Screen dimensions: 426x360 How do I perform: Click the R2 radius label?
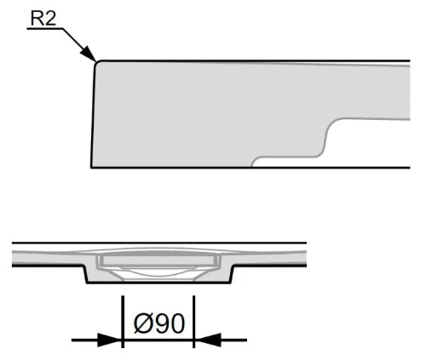pyautogui.click(x=43, y=18)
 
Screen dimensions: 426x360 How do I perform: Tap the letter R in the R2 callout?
pyautogui.click(x=37, y=18)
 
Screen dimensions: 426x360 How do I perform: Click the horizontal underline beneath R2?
pyautogui.click(x=45, y=28)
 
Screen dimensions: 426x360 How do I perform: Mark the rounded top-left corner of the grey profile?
pyautogui.click(x=97, y=63)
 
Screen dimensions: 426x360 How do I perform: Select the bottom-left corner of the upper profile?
pyautogui.click(x=91, y=168)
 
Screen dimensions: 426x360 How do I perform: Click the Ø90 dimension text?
pyautogui.click(x=159, y=323)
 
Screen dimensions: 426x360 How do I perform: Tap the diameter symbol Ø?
pyautogui.click(x=142, y=323)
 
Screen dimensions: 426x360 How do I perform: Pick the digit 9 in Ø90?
pyautogui.click(x=160, y=323)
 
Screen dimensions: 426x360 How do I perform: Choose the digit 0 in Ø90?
pyautogui.click(x=177, y=323)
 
